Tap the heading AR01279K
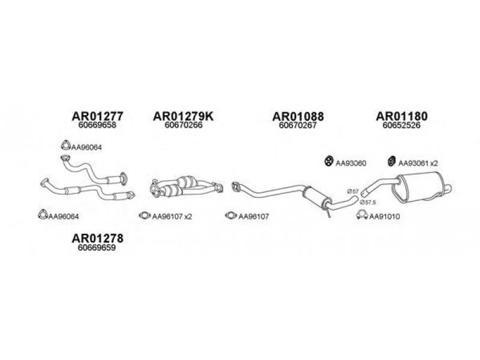[184, 116]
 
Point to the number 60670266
[184, 126]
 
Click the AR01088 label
[298, 116]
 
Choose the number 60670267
[298, 126]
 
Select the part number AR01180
[402, 116]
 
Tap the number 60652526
[402, 126]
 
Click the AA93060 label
[351, 163]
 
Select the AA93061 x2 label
[418, 163]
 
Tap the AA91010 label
[384, 216]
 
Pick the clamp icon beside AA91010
[361, 215]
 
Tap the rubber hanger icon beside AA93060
[329, 161]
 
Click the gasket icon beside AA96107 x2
[145, 215]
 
